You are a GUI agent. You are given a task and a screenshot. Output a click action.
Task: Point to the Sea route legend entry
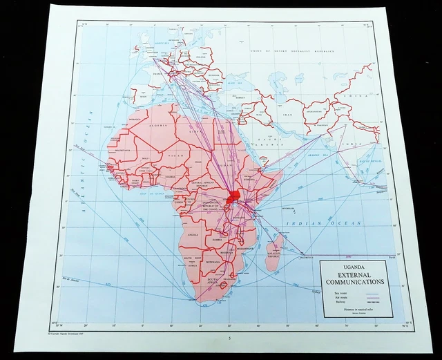(x=338, y=293)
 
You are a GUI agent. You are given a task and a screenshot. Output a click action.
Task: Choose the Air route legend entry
(x=338, y=298)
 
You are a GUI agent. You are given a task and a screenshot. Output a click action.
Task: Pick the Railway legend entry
(x=337, y=303)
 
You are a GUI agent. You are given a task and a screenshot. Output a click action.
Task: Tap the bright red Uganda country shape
(x=233, y=200)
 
